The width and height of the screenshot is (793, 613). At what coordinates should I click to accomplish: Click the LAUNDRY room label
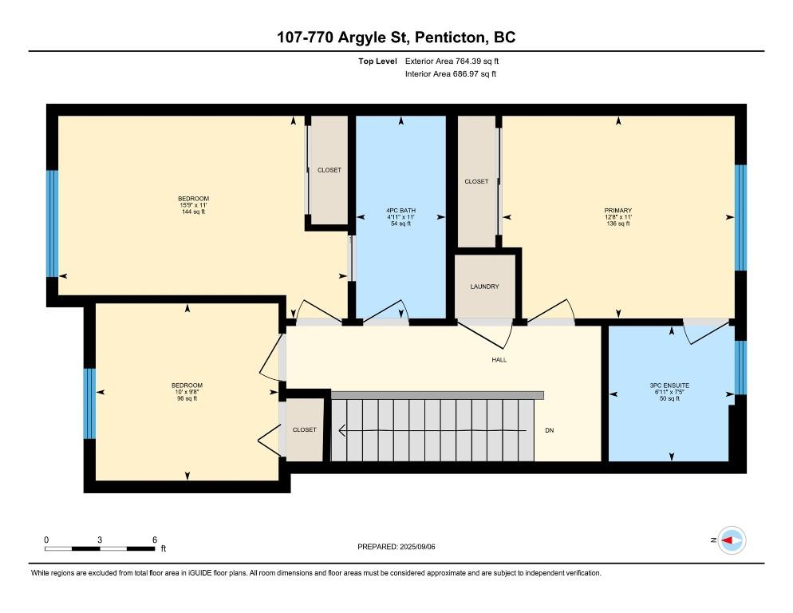(484, 287)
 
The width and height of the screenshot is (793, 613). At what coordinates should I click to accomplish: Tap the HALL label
(499, 360)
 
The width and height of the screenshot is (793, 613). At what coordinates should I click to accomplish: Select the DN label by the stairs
(549, 430)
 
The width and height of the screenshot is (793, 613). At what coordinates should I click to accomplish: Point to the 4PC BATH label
(401, 211)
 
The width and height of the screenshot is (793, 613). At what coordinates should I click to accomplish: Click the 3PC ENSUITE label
(669, 386)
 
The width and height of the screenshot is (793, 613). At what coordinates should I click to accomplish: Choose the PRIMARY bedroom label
(618, 211)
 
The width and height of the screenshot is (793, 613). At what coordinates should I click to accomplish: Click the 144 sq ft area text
(194, 212)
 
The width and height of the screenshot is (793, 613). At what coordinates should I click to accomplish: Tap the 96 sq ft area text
(187, 398)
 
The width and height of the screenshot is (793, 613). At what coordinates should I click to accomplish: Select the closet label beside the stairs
(305, 429)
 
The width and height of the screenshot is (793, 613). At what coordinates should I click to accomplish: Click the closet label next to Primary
(476, 181)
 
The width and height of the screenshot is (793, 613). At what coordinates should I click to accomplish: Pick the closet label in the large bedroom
(329, 170)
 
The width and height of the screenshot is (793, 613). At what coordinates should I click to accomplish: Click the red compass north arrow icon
(728, 540)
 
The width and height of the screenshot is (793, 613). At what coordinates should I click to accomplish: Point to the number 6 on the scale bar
(155, 540)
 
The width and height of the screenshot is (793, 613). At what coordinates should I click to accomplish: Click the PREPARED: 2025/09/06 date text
(396, 547)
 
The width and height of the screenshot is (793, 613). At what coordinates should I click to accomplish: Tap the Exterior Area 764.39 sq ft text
(452, 61)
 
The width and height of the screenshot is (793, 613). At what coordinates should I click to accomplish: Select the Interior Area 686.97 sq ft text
(451, 74)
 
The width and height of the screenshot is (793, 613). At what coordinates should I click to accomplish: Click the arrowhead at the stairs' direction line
(342, 430)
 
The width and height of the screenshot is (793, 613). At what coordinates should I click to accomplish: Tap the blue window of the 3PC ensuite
(740, 367)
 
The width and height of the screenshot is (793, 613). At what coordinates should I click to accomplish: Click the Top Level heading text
(378, 61)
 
